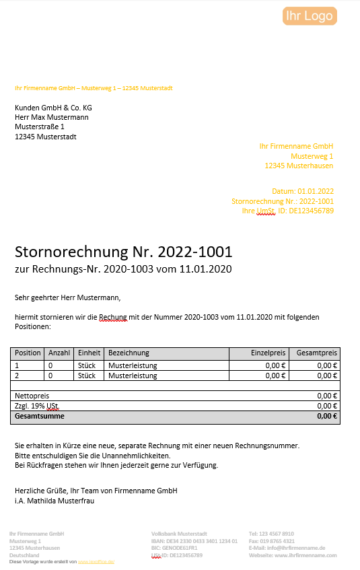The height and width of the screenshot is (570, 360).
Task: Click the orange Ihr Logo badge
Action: [309, 15]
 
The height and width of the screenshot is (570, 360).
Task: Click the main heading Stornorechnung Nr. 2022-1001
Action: [123, 252]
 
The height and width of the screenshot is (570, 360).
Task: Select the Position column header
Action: [28, 353]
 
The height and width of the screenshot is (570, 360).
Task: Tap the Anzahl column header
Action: [59, 353]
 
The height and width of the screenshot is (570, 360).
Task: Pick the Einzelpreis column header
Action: [268, 353]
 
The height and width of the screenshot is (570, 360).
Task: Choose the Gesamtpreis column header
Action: [317, 353]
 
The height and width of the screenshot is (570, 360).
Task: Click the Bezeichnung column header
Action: [129, 353]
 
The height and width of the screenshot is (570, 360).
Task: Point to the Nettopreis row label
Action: [32, 396]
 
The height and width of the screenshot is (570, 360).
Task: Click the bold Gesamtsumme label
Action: [40, 417]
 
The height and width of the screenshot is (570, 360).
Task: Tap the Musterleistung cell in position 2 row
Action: [133, 376]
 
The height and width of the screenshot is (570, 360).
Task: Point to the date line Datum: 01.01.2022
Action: [303, 191]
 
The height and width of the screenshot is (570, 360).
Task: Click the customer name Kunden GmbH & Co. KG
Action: [53, 108]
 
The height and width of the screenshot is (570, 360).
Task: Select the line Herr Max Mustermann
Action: [51, 117]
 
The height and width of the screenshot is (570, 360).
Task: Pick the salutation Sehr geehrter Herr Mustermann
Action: [67, 297]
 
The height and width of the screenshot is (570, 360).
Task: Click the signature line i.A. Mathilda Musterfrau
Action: [55, 501]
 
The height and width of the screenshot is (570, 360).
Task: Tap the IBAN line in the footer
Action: [194, 541]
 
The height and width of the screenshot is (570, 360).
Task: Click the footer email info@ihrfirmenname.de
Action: [287, 548]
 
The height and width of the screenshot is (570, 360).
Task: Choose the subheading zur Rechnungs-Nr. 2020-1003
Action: [123, 269]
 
